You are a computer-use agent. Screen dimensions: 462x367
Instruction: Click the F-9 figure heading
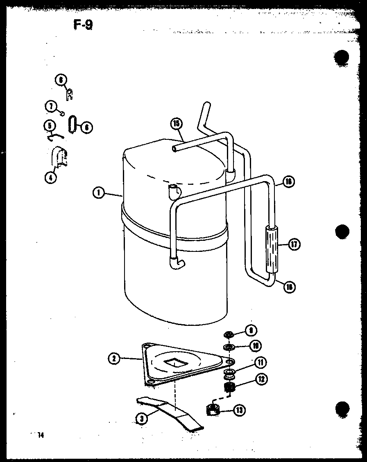tap(83, 25)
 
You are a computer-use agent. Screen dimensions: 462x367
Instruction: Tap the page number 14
tap(40, 435)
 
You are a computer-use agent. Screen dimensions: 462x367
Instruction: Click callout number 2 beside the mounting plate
tap(114, 359)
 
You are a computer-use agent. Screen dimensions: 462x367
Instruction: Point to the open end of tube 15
tap(175, 150)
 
